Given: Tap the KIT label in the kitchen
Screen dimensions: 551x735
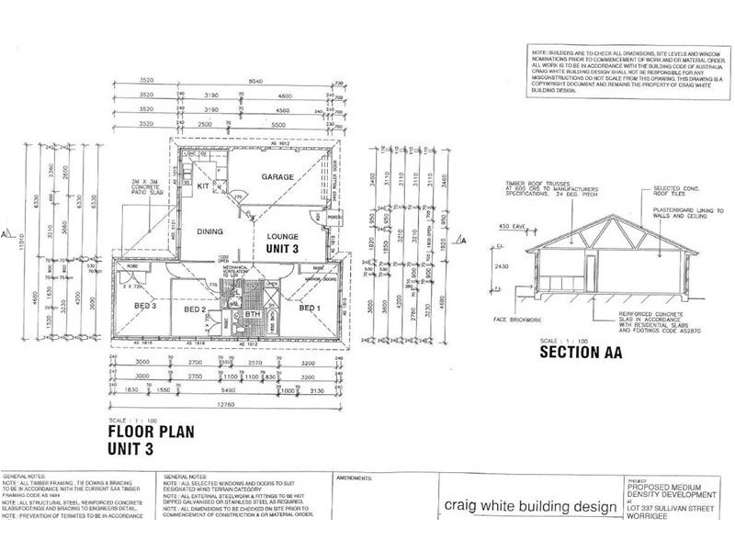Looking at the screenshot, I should pos(205,186).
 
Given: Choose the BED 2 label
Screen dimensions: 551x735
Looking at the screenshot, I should pos(194,309).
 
